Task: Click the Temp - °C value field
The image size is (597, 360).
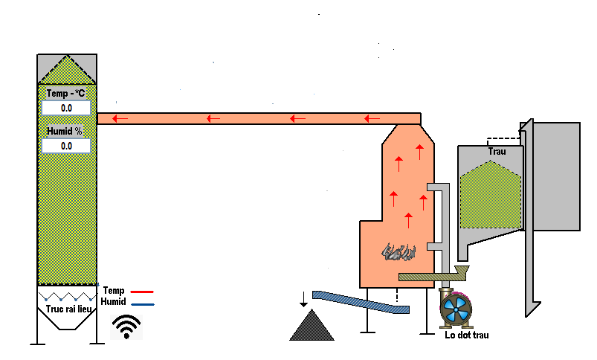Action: coord(66,108)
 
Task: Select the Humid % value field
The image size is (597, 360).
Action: coord(66,146)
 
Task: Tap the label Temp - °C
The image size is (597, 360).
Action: coord(66,94)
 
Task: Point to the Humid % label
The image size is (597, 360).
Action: coord(65,131)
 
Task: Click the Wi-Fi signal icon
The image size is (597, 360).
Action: coord(126,326)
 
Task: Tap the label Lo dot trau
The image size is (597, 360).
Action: coord(467,335)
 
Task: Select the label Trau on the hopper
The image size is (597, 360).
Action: coord(497,152)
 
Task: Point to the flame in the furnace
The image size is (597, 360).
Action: coord(398,253)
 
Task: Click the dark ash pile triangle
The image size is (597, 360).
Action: coord(312,327)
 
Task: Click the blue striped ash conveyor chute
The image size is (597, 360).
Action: coord(360,301)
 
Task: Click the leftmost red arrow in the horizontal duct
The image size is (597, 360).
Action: coord(119,118)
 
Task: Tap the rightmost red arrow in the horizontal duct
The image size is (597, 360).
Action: coord(372,118)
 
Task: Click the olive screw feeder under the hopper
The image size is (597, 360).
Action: coord(430,275)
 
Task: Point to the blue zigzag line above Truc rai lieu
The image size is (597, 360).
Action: coord(67,295)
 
